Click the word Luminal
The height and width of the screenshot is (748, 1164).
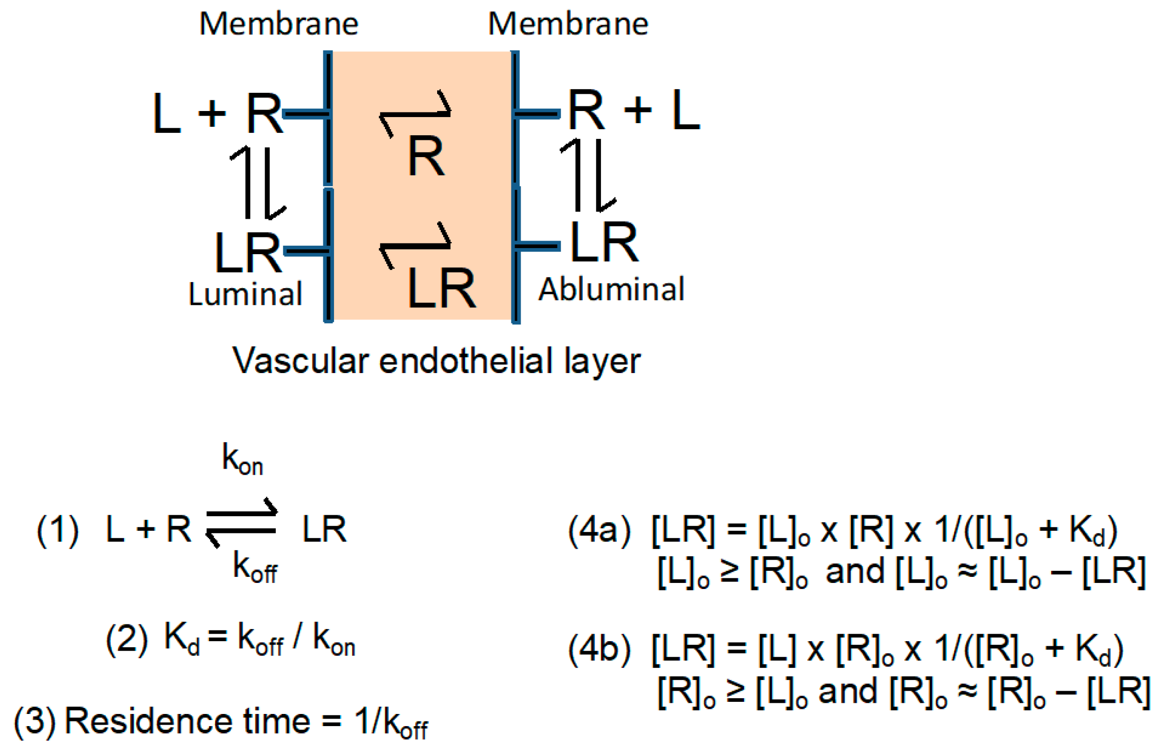(245, 294)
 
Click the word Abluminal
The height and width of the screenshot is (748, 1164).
(611, 290)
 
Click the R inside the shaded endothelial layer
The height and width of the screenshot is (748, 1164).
(426, 157)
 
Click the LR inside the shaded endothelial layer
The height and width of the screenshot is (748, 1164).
(441, 290)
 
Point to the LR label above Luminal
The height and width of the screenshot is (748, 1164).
(247, 253)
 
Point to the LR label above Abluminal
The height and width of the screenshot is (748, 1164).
(604, 242)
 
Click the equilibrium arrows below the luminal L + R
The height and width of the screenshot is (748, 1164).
(258, 182)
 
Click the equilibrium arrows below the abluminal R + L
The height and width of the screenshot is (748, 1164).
(588, 175)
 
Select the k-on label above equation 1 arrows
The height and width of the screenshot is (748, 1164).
(243, 459)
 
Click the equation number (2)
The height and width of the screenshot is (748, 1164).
(126, 639)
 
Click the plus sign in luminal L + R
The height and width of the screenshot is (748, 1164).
(212, 114)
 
